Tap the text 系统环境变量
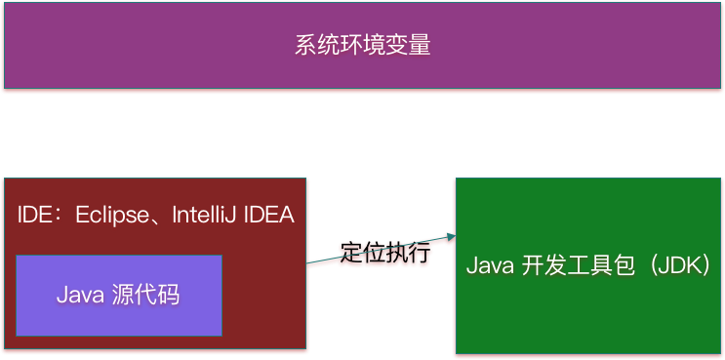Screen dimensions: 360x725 click(362, 46)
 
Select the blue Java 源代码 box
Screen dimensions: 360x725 click(119, 295)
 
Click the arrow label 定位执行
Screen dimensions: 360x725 click(384, 253)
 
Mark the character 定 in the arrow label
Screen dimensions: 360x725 click(351, 254)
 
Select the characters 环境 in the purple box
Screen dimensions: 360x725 click(362, 46)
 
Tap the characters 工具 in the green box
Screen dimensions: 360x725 click(596, 265)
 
